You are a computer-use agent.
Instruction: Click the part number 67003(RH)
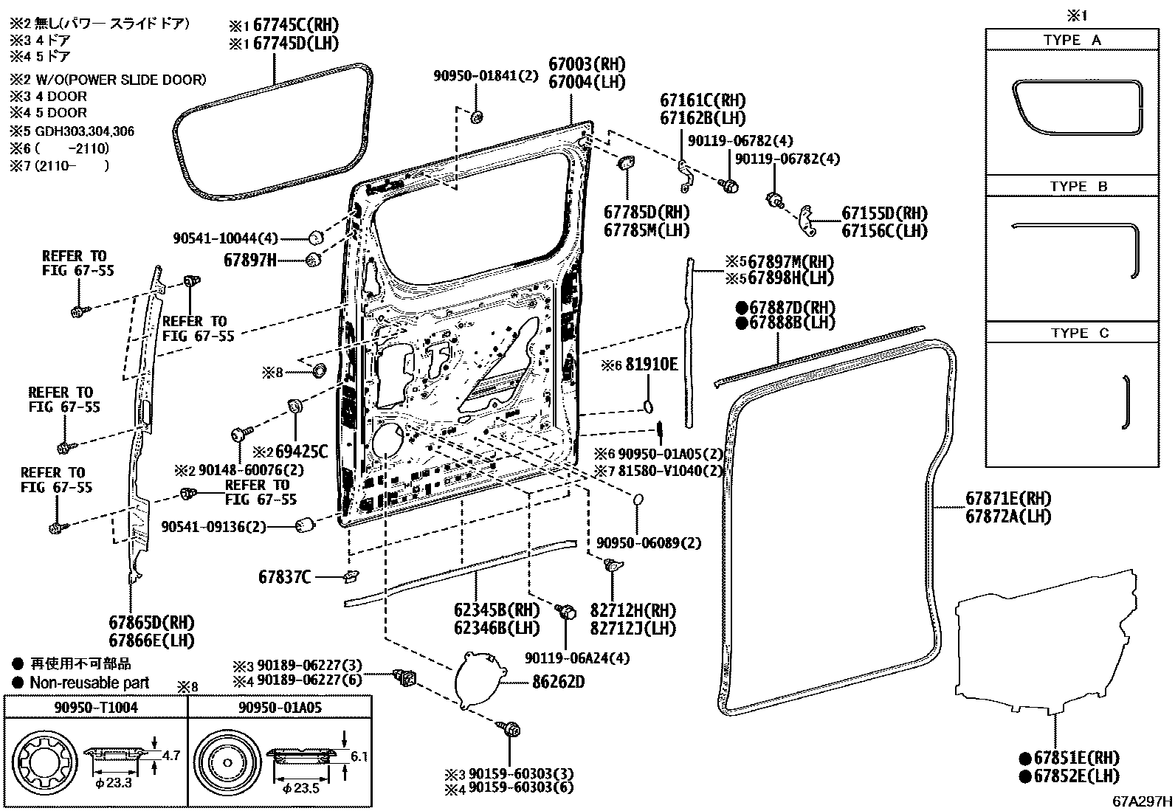click(x=586, y=64)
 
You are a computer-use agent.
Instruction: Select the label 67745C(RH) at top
click(x=295, y=25)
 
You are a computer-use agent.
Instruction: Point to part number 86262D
click(x=558, y=683)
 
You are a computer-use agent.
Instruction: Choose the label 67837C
click(x=285, y=577)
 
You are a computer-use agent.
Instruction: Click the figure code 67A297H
click(x=1142, y=801)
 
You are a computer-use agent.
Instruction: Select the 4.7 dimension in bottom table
click(x=171, y=755)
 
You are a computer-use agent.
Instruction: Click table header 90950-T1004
click(x=96, y=707)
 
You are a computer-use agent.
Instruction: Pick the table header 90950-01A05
click(x=280, y=707)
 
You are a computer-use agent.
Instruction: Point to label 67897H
click(x=250, y=260)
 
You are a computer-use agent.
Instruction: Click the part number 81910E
click(x=651, y=365)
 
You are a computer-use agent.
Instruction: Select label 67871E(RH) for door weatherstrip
click(x=1008, y=499)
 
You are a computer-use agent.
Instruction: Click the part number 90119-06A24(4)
click(x=577, y=658)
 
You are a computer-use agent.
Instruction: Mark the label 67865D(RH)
click(x=152, y=622)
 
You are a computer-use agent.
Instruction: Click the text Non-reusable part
click(x=89, y=683)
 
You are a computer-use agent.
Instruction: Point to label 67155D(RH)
click(x=884, y=214)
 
